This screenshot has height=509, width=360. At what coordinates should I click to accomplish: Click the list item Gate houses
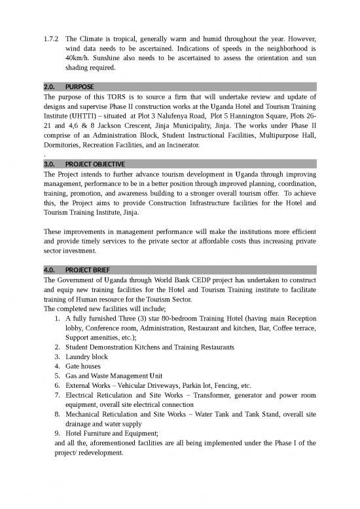click(83, 366)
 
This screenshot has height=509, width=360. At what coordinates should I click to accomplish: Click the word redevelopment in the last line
click(111, 452)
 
